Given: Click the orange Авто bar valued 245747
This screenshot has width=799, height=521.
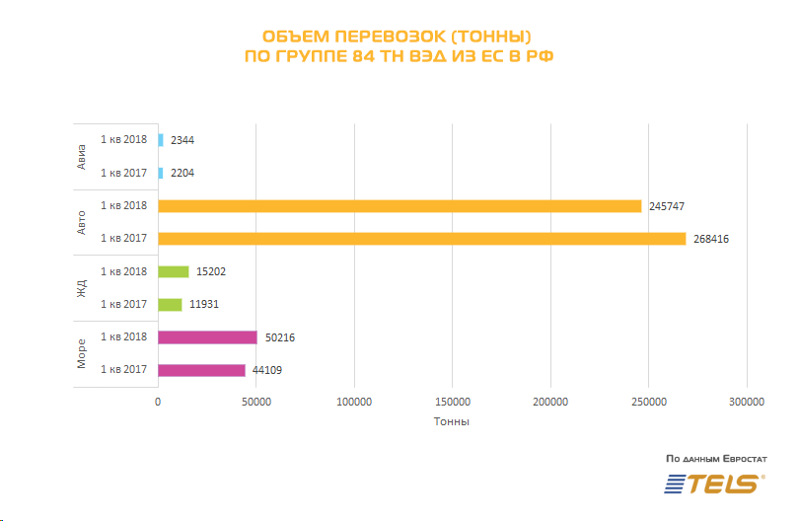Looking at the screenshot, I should click(x=399, y=206).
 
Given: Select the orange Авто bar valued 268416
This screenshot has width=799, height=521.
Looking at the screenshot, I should click(x=421, y=239).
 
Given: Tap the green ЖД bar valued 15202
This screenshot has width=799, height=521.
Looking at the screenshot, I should click(x=174, y=271).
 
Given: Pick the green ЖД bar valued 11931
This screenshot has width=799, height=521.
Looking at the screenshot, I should click(x=170, y=304).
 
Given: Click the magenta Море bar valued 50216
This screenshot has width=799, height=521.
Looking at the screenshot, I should click(x=207, y=337).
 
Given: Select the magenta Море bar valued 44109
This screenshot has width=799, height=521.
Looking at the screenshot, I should click(x=201, y=370).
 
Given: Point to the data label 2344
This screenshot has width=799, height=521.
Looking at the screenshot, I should click(x=182, y=140).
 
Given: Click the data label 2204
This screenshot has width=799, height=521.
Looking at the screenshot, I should click(x=182, y=173).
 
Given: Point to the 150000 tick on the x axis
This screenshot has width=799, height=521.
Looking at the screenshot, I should click(x=452, y=402).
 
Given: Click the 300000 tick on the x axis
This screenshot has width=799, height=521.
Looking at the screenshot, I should click(x=747, y=402).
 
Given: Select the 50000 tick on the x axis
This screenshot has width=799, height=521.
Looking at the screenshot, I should click(x=255, y=402).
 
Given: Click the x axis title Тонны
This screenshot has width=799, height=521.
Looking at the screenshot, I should click(x=452, y=422).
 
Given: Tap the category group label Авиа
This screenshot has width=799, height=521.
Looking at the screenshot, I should click(x=82, y=156).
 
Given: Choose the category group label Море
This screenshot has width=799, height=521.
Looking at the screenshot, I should click(x=82, y=353).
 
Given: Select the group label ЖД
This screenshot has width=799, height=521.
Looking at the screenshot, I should click(x=82, y=288).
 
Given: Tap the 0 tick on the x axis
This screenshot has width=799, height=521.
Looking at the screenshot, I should click(x=158, y=402).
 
